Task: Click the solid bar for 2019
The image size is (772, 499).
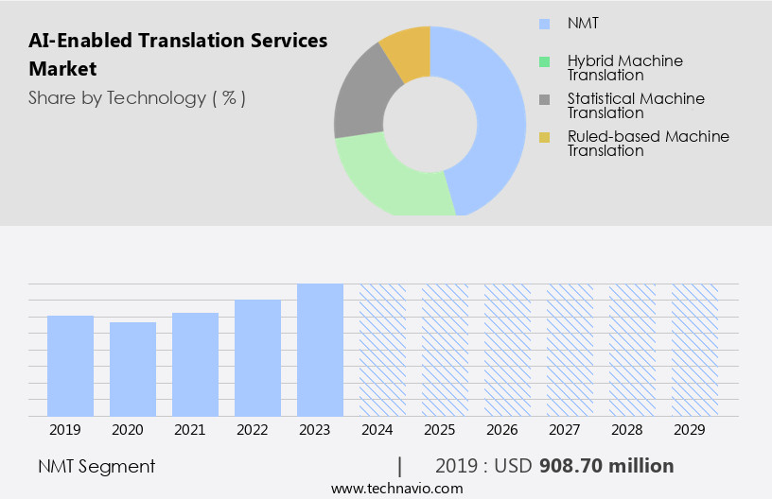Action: click(70, 366)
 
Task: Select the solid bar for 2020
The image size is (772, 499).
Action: click(132, 369)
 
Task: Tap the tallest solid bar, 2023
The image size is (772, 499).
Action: click(320, 350)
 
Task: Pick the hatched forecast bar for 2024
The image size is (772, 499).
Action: click(382, 350)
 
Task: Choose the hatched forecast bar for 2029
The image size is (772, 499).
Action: click(694, 350)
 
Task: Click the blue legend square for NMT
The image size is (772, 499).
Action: click(544, 23)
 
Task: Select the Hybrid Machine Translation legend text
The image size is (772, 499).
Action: click(624, 67)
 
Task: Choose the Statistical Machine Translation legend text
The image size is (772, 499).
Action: click(636, 105)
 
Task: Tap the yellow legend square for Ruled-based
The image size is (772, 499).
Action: click(544, 137)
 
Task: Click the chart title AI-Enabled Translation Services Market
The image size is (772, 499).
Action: click(178, 54)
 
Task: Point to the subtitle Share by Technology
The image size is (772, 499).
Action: click(137, 97)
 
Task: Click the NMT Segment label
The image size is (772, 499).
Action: click(96, 466)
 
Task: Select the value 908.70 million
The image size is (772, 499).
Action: click(606, 466)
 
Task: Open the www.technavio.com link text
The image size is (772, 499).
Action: click(397, 489)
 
